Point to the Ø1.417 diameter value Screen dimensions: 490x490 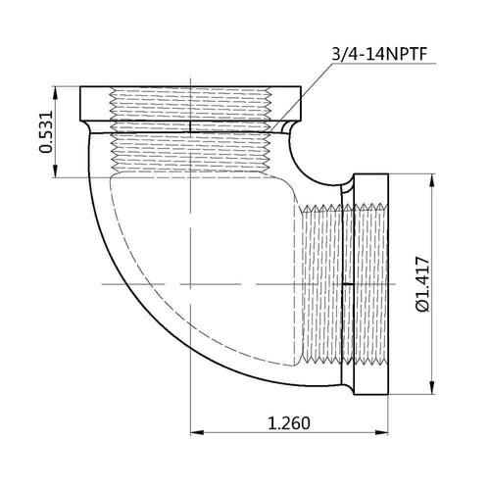pos(424,285)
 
